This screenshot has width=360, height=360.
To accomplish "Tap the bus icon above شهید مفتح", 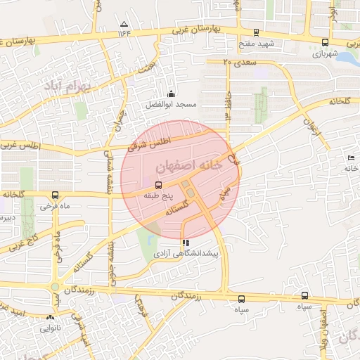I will tap(255, 32).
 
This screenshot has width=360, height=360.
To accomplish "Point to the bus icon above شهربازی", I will tap(324, 41).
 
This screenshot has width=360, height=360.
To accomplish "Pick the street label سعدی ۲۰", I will tap(240, 63).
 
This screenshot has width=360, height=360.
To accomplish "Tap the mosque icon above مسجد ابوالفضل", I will tap(170, 94).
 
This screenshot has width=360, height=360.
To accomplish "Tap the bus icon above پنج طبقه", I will tap(157, 184).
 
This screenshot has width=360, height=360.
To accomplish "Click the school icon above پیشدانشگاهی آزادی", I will tap(185, 242).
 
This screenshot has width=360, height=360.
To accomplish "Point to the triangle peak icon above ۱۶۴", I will tap(124, 23).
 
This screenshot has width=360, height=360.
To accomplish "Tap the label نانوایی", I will tap(50, 328).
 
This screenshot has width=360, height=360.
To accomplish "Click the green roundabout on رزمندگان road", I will tap(55, 287).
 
